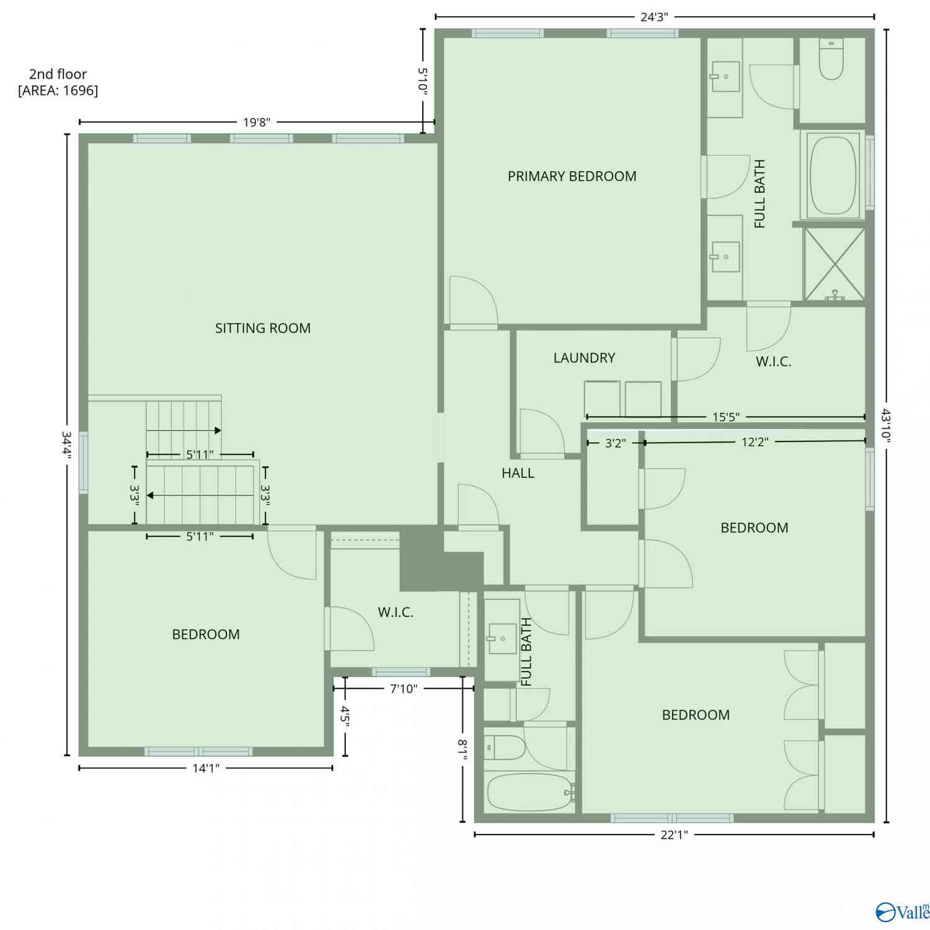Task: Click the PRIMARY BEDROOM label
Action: pyautogui.click(x=572, y=176)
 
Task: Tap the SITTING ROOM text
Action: pyautogui.click(x=263, y=328)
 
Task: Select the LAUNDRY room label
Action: pyautogui.click(x=584, y=358)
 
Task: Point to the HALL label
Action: pyautogui.click(x=518, y=473)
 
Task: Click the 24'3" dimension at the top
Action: pyautogui.click(x=654, y=17)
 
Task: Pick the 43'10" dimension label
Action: pyautogui.click(x=887, y=425)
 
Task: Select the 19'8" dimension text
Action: pyautogui.click(x=257, y=122)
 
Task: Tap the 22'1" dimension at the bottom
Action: pyautogui.click(x=674, y=835)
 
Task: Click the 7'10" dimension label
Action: pyautogui.click(x=404, y=688)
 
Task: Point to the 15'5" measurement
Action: pyautogui.click(x=725, y=417)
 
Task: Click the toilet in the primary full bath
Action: pyautogui.click(x=831, y=59)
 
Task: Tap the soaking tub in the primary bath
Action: pyautogui.click(x=833, y=175)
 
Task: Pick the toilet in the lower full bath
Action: pyautogui.click(x=505, y=748)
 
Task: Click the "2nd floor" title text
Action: pyautogui.click(x=58, y=74)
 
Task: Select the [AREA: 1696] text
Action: pyautogui.click(x=58, y=91)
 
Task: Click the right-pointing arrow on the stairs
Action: pyautogui.click(x=184, y=430)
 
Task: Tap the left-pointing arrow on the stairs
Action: pyautogui.click(x=200, y=495)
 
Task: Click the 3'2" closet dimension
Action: pyautogui.click(x=615, y=443)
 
